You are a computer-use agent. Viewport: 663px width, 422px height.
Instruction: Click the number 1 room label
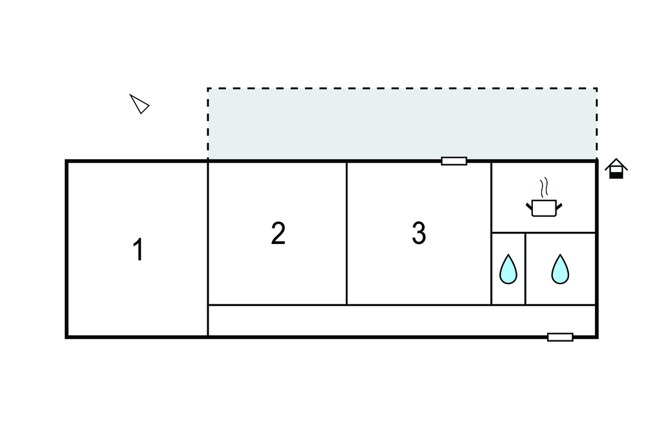tap(137, 250)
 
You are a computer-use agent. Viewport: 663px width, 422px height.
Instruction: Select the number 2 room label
tap(278, 234)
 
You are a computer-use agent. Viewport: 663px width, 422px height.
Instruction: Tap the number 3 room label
tap(419, 234)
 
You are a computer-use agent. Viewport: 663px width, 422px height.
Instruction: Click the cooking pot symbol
tap(544, 208)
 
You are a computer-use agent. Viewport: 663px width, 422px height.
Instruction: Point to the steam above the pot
tap(545, 187)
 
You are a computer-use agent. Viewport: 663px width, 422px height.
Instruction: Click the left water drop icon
tap(508, 269)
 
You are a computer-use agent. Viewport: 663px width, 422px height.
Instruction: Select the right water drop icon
tap(560, 269)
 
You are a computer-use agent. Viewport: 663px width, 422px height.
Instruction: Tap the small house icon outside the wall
tap(616, 169)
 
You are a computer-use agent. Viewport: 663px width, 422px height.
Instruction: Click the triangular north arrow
tap(140, 104)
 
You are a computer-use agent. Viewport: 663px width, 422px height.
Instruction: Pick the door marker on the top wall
tap(454, 161)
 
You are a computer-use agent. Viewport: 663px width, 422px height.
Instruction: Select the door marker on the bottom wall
tap(560, 337)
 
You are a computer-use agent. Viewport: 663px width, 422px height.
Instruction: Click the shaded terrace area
tap(401, 124)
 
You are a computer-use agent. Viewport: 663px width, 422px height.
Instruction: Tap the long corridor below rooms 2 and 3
tap(401, 320)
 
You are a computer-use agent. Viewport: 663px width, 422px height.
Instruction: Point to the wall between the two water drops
tap(525, 269)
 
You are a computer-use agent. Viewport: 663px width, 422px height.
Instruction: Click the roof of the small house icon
tap(616, 164)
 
